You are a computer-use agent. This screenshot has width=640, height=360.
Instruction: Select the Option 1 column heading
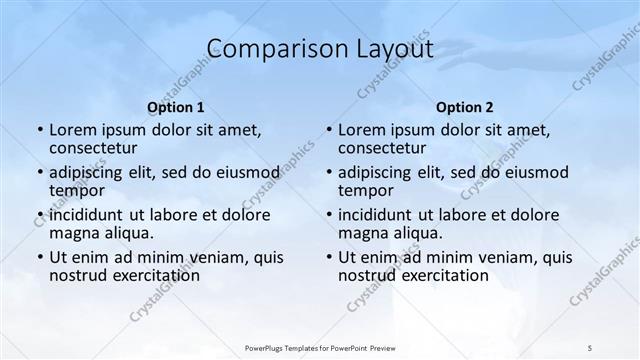click(x=176, y=107)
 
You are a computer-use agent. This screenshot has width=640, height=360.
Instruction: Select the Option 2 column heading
click(x=465, y=107)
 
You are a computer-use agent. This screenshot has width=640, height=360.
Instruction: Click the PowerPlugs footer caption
click(x=320, y=347)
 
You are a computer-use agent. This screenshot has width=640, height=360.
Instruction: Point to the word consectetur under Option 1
click(x=97, y=148)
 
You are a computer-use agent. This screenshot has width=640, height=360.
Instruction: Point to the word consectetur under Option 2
click(x=387, y=148)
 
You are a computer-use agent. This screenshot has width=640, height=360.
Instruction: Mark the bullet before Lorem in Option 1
click(x=39, y=130)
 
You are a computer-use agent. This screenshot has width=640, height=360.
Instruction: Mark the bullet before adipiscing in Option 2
click(x=328, y=173)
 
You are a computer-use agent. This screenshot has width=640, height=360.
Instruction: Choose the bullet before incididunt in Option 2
click(x=328, y=215)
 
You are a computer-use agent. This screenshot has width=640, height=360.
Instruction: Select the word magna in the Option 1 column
click(x=76, y=233)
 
